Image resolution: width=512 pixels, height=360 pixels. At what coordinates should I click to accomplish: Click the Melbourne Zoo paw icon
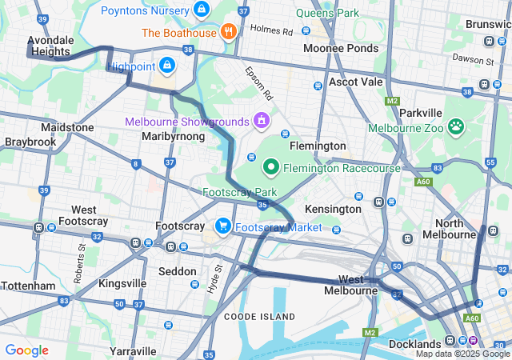[x=456, y=126]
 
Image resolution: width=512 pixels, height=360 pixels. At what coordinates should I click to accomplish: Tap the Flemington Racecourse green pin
[x=271, y=167]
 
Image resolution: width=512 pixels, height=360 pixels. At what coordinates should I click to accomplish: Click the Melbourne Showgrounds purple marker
[x=260, y=121]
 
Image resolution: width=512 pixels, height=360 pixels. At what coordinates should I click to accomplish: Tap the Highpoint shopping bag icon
[x=167, y=65]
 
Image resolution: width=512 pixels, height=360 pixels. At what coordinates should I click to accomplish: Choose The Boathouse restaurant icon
[x=229, y=32]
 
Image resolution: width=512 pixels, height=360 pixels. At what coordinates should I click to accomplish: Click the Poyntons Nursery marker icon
[x=202, y=10]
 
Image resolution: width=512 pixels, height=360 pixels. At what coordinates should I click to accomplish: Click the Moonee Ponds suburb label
[x=341, y=49]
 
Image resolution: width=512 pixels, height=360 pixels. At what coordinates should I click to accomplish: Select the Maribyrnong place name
[x=174, y=137]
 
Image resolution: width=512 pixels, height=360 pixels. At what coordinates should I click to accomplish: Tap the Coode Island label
[x=259, y=317]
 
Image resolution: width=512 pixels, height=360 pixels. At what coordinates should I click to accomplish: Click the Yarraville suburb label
[x=133, y=351]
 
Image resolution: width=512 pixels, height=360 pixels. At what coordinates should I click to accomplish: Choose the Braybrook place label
[x=30, y=142]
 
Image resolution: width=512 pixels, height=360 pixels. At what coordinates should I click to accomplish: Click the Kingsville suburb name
[x=122, y=283]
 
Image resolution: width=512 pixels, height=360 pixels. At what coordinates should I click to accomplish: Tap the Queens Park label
[x=327, y=13]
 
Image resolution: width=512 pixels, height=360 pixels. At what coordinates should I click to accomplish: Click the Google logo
[x=26, y=350]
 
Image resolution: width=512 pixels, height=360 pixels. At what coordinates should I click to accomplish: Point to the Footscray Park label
[x=239, y=193]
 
